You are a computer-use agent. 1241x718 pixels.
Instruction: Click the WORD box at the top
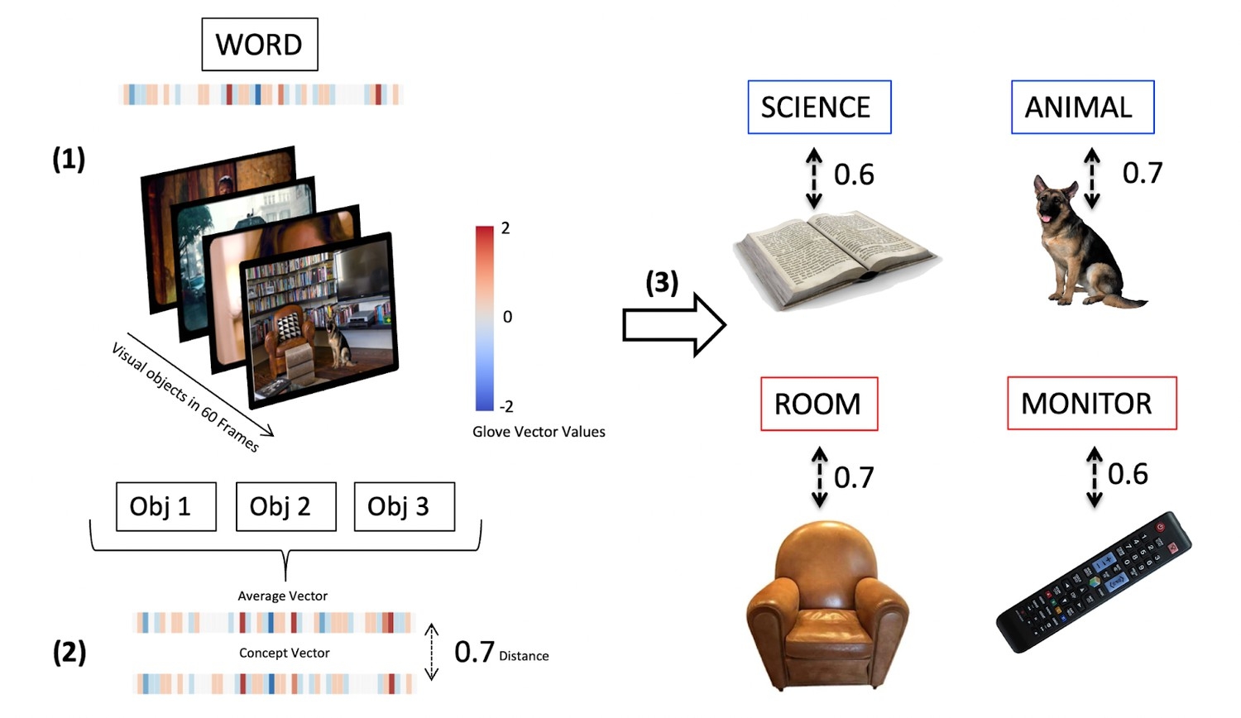tap(260, 45)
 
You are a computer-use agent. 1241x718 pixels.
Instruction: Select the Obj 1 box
tap(166, 506)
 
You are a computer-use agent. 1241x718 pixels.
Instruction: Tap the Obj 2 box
tap(285, 506)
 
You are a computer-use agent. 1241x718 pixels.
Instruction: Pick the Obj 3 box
tap(404, 506)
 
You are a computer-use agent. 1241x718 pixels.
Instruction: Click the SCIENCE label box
tap(819, 108)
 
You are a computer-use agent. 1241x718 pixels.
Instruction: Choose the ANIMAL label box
tap(1082, 108)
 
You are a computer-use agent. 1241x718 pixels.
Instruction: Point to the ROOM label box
tap(819, 404)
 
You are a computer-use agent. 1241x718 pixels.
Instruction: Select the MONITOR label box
tap(1091, 404)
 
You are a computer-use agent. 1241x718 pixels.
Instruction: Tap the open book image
tap(836, 256)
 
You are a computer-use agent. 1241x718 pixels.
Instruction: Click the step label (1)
tap(69, 159)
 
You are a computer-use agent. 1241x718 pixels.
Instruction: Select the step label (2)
tap(69, 652)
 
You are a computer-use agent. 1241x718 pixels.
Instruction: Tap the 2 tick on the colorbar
tap(506, 228)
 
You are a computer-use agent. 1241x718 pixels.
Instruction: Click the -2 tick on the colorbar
tap(506, 406)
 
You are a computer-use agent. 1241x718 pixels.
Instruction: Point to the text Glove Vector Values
tap(539, 432)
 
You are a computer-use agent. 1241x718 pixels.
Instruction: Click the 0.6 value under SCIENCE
tap(854, 175)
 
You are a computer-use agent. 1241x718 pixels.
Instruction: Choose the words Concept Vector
tap(284, 653)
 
